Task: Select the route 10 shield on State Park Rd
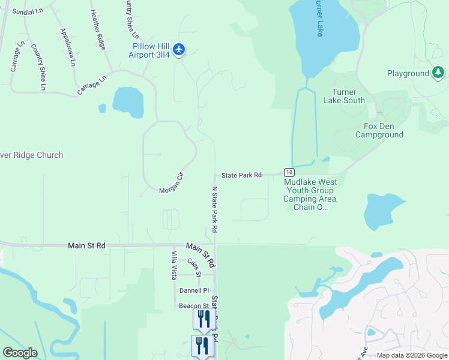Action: pos(289,172)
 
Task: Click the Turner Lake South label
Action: pos(344,96)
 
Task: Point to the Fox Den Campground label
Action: pos(379,130)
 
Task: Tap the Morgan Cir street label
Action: pos(170,190)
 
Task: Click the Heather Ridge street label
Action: pos(98,29)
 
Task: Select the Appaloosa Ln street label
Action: pos(68,47)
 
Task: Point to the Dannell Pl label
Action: pos(194,290)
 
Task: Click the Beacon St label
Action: pos(193,306)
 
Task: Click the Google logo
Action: pos(20,353)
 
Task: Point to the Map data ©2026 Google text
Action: pos(411,355)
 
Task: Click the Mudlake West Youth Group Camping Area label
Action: pos(310,194)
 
